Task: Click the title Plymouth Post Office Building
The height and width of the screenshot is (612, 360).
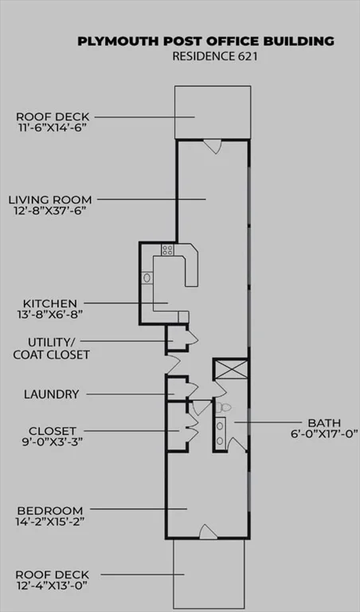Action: [x=205, y=41]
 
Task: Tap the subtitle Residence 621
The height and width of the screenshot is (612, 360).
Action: [x=215, y=57]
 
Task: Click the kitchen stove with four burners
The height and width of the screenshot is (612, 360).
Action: [x=168, y=249]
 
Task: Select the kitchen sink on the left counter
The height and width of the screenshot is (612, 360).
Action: [x=147, y=277]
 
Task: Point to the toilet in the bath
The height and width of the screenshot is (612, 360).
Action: [x=224, y=407]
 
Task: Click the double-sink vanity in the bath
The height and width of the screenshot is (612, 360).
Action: [x=221, y=433]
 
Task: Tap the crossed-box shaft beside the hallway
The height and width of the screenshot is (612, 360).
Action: [x=231, y=369]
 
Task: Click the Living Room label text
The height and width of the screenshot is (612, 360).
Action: [x=50, y=200]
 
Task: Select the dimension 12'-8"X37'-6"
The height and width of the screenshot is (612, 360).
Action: [x=50, y=211]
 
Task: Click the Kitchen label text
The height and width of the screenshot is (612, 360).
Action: [x=50, y=304]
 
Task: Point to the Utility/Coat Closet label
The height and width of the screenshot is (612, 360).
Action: [x=51, y=348]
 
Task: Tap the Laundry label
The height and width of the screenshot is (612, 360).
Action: [x=52, y=394]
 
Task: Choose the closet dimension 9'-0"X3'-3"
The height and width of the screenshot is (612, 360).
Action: [x=52, y=442]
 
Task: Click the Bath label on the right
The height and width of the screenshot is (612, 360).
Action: [x=324, y=422]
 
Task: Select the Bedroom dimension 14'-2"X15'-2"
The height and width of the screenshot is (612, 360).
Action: [x=50, y=522]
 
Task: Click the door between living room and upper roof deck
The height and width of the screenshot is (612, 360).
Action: [x=213, y=147]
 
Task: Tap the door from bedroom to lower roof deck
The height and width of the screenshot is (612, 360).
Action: [x=208, y=532]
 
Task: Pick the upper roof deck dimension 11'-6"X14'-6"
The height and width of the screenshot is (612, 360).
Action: [x=52, y=127]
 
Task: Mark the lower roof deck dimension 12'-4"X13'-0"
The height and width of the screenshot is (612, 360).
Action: [x=51, y=586]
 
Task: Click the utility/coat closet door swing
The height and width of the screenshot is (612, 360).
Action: [x=192, y=338]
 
